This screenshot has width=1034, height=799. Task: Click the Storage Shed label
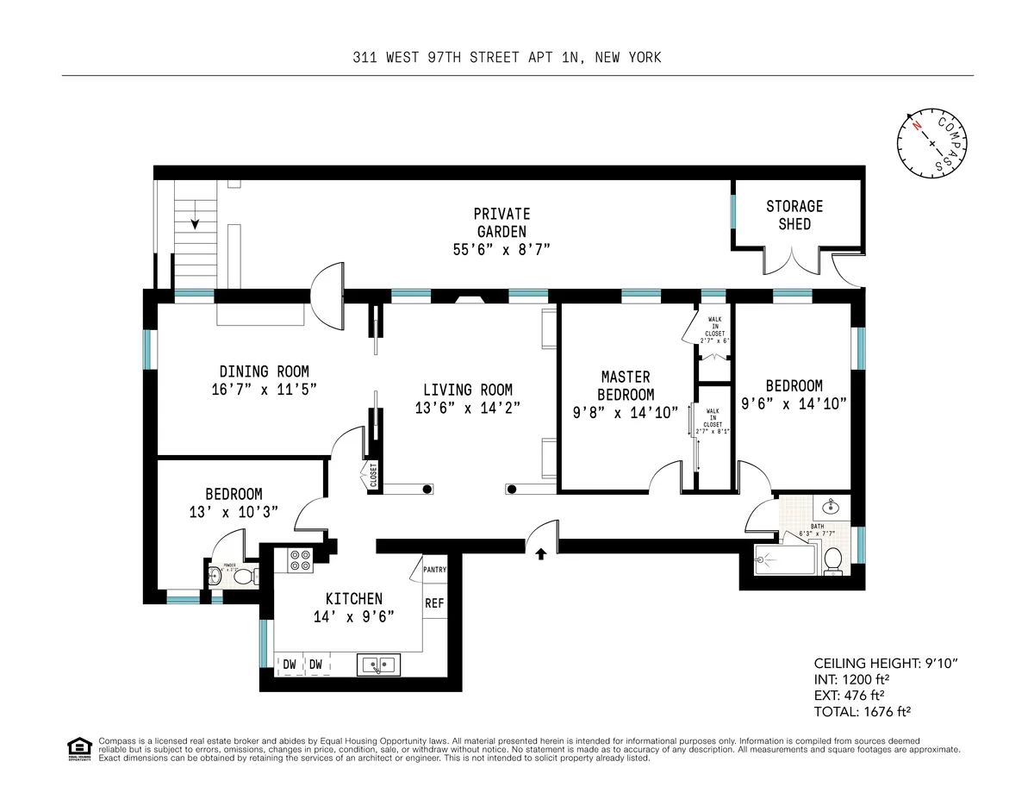794,215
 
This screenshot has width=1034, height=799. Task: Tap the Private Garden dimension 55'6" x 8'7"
501,250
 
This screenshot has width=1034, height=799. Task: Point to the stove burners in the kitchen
300,561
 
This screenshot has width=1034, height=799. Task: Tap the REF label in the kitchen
434,603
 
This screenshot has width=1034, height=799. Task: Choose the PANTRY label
435,570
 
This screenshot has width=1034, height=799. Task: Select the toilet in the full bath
833,560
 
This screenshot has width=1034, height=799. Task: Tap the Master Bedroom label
626,385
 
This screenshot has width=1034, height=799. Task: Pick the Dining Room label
264,371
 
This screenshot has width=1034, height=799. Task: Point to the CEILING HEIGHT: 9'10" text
875,663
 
